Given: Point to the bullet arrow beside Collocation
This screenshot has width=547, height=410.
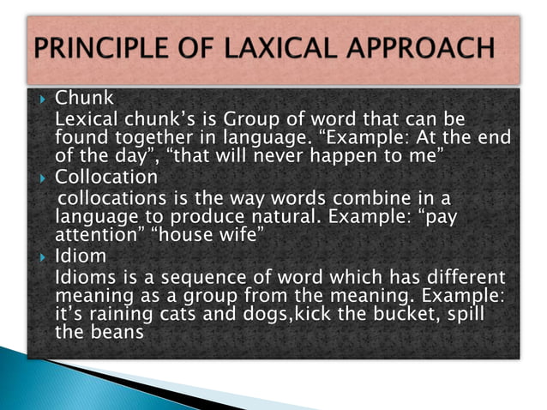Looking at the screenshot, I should [40, 178].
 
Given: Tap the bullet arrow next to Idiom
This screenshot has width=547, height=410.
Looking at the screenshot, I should [40, 256].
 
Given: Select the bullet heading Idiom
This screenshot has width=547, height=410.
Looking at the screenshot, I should [81, 256].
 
